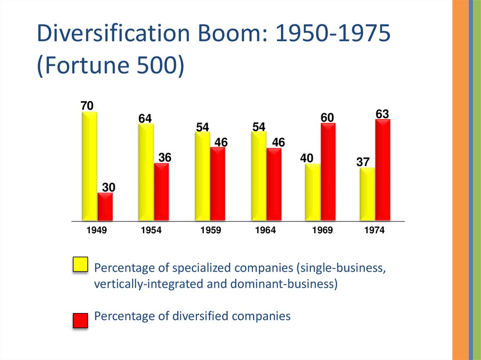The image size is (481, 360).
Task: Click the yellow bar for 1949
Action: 89,166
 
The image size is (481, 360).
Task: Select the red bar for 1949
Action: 105,206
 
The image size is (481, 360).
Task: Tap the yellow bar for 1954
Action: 146,172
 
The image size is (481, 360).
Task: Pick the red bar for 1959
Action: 217,184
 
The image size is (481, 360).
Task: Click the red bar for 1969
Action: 328,172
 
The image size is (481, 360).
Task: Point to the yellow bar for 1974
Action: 367,193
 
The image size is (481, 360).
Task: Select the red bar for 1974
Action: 383,169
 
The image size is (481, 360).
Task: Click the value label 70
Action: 87,106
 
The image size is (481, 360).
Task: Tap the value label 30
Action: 109,187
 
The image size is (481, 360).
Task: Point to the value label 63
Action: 382,114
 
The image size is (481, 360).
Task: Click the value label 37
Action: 363,162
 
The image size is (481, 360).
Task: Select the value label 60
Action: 327,118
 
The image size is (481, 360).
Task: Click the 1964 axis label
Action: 265,230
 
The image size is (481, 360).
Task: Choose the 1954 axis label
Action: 151,230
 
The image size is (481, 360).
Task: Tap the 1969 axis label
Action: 322,230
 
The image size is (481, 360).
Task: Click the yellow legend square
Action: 81,265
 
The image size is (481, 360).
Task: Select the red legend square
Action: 81,321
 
